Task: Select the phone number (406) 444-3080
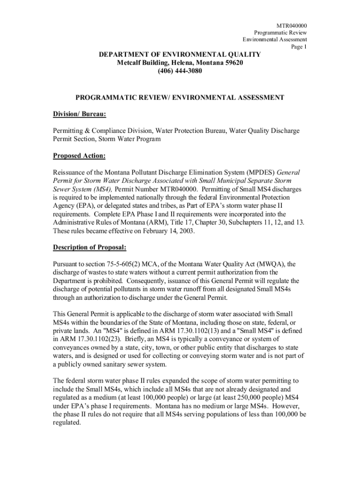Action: tap(180, 71)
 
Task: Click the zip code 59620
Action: tap(233, 63)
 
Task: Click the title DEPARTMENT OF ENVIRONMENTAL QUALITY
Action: tap(180, 55)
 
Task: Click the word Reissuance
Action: tap(72, 172)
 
